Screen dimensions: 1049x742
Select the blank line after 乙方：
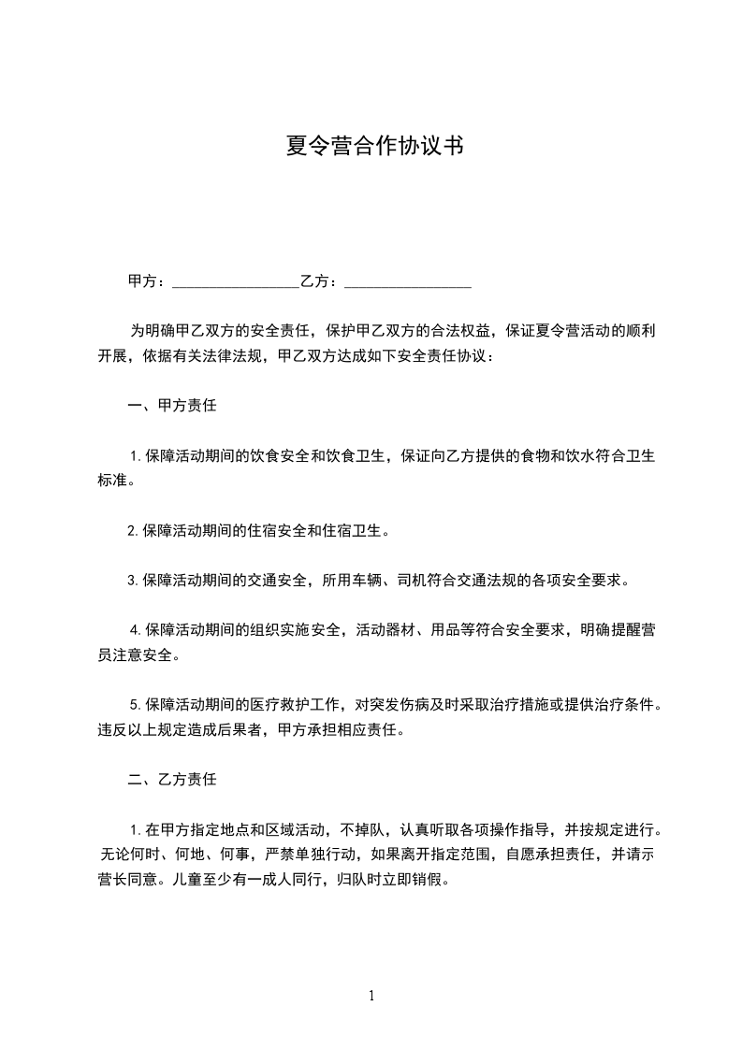pyautogui.click(x=408, y=280)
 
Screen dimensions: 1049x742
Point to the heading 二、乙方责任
pyautogui.click(x=172, y=778)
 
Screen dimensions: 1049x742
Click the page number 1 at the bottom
pyautogui.click(x=371, y=996)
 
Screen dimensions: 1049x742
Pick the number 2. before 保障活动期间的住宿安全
pyautogui.click(x=134, y=531)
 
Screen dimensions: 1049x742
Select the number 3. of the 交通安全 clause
pyautogui.click(x=134, y=580)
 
